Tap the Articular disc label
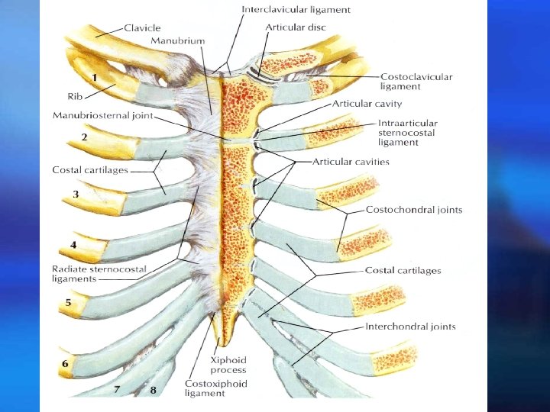(x=294, y=27)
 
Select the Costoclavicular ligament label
(x=416, y=82)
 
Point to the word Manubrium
(x=176, y=39)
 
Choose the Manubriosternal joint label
(x=102, y=115)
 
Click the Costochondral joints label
(x=413, y=210)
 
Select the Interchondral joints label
(x=410, y=327)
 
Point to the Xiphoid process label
(x=229, y=365)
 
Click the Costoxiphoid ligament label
(x=215, y=388)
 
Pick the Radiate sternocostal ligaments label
(x=99, y=273)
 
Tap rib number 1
(x=94, y=77)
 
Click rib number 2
(x=84, y=137)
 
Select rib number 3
(x=76, y=195)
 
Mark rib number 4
(x=73, y=245)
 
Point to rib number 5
(x=68, y=302)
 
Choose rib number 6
(x=65, y=364)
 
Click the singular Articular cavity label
(x=367, y=104)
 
